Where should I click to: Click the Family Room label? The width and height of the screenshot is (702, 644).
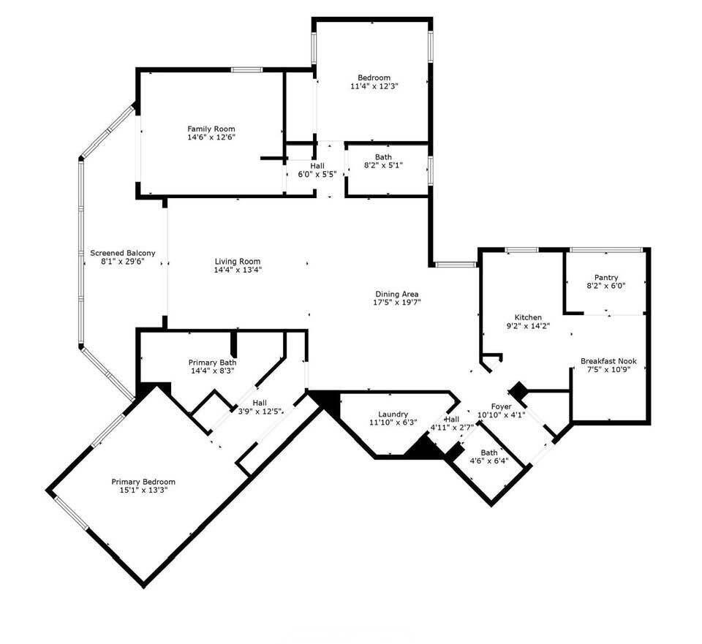tap(211, 129)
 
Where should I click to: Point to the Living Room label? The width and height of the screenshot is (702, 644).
tap(238, 261)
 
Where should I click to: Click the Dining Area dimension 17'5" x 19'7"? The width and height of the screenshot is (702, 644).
tap(397, 302)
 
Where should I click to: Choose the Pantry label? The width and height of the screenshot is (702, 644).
tap(606, 277)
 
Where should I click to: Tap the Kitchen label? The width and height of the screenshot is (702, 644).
tap(528, 317)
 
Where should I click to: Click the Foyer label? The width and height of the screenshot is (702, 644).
tap(501, 406)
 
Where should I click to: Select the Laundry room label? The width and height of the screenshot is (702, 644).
tap(393, 414)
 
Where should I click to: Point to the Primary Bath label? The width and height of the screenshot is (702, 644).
tap(212, 363)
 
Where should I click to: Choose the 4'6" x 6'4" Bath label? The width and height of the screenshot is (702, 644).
tap(488, 452)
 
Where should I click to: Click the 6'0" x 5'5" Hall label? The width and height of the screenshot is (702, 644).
tap(317, 166)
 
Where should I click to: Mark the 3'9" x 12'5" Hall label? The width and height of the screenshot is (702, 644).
tap(260, 403)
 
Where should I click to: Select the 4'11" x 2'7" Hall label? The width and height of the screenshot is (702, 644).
tap(453, 419)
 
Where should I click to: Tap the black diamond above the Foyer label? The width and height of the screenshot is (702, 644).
tap(519, 390)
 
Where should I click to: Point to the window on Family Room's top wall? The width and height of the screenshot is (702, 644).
tap(247, 69)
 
